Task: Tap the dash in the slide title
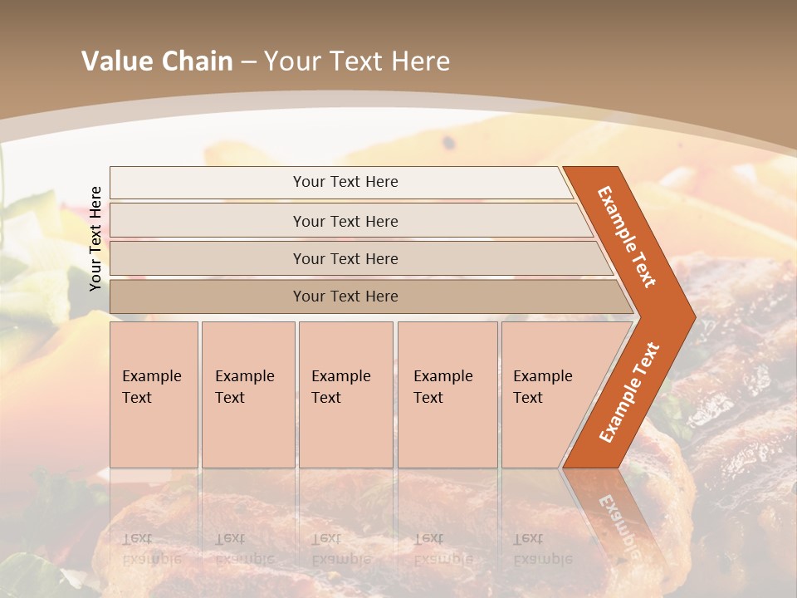(248, 61)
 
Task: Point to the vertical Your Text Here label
(95, 238)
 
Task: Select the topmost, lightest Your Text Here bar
(345, 182)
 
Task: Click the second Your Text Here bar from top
(345, 221)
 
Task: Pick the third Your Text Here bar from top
(345, 259)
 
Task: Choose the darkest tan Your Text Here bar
(345, 297)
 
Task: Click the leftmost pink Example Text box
(154, 395)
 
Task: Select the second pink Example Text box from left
(248, 395)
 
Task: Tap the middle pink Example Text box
(345, 395)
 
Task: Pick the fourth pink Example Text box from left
(447, 395)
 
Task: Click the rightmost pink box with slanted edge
(548, 395)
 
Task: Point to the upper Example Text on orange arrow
(627, 237)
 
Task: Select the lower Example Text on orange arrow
(629, 392)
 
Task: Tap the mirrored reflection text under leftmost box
(151, 549)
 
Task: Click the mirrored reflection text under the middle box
(340, 549)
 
